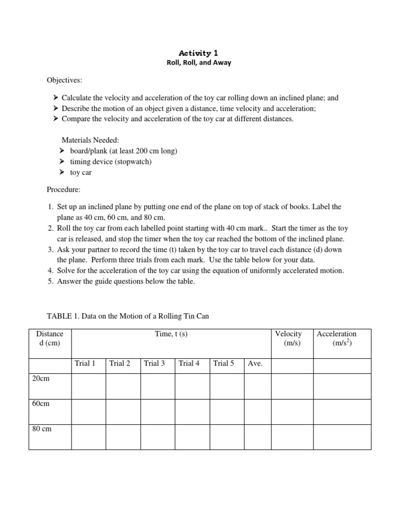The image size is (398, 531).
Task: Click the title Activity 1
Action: click(x=195, y=53)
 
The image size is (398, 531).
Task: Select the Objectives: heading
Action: click(x=64, y=81)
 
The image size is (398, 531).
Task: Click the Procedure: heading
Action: click(x=64, y=189)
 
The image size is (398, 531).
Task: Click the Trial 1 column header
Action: click(x=85, y=364)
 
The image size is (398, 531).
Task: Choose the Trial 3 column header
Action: click(x=154, y=364)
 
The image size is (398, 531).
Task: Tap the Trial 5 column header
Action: click(x=223, y=364)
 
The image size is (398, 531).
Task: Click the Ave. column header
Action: click(x=255, y=364)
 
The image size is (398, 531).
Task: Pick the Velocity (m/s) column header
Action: click(x=288, y=338)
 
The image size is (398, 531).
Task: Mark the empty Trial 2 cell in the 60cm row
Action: click(x=123, y=412)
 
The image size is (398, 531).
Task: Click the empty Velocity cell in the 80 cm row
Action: click(x=292, y=437)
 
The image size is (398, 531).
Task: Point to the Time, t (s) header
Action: click(x=171, y=334)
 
